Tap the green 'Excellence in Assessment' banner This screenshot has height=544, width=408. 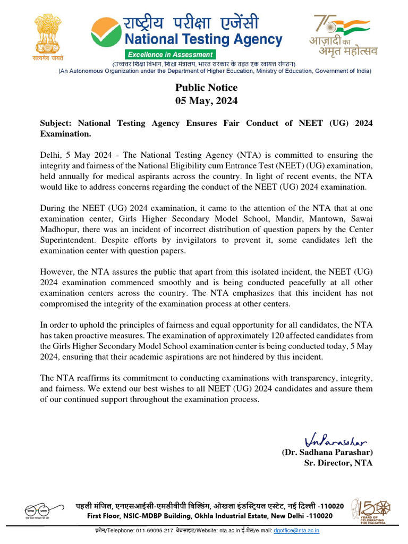[170, 54]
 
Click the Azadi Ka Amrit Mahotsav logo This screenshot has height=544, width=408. [343, 36]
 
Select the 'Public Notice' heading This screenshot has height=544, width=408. [207, 88]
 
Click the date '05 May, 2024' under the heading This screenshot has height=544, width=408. [207, 100]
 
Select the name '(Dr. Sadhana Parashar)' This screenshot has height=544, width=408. [327, 452]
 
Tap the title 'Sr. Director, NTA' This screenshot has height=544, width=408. [338, 463]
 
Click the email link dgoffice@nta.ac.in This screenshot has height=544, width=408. [296, 530]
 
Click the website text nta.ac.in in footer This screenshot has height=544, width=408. [220, 530]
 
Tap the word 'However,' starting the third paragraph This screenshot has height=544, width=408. [57, 272]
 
